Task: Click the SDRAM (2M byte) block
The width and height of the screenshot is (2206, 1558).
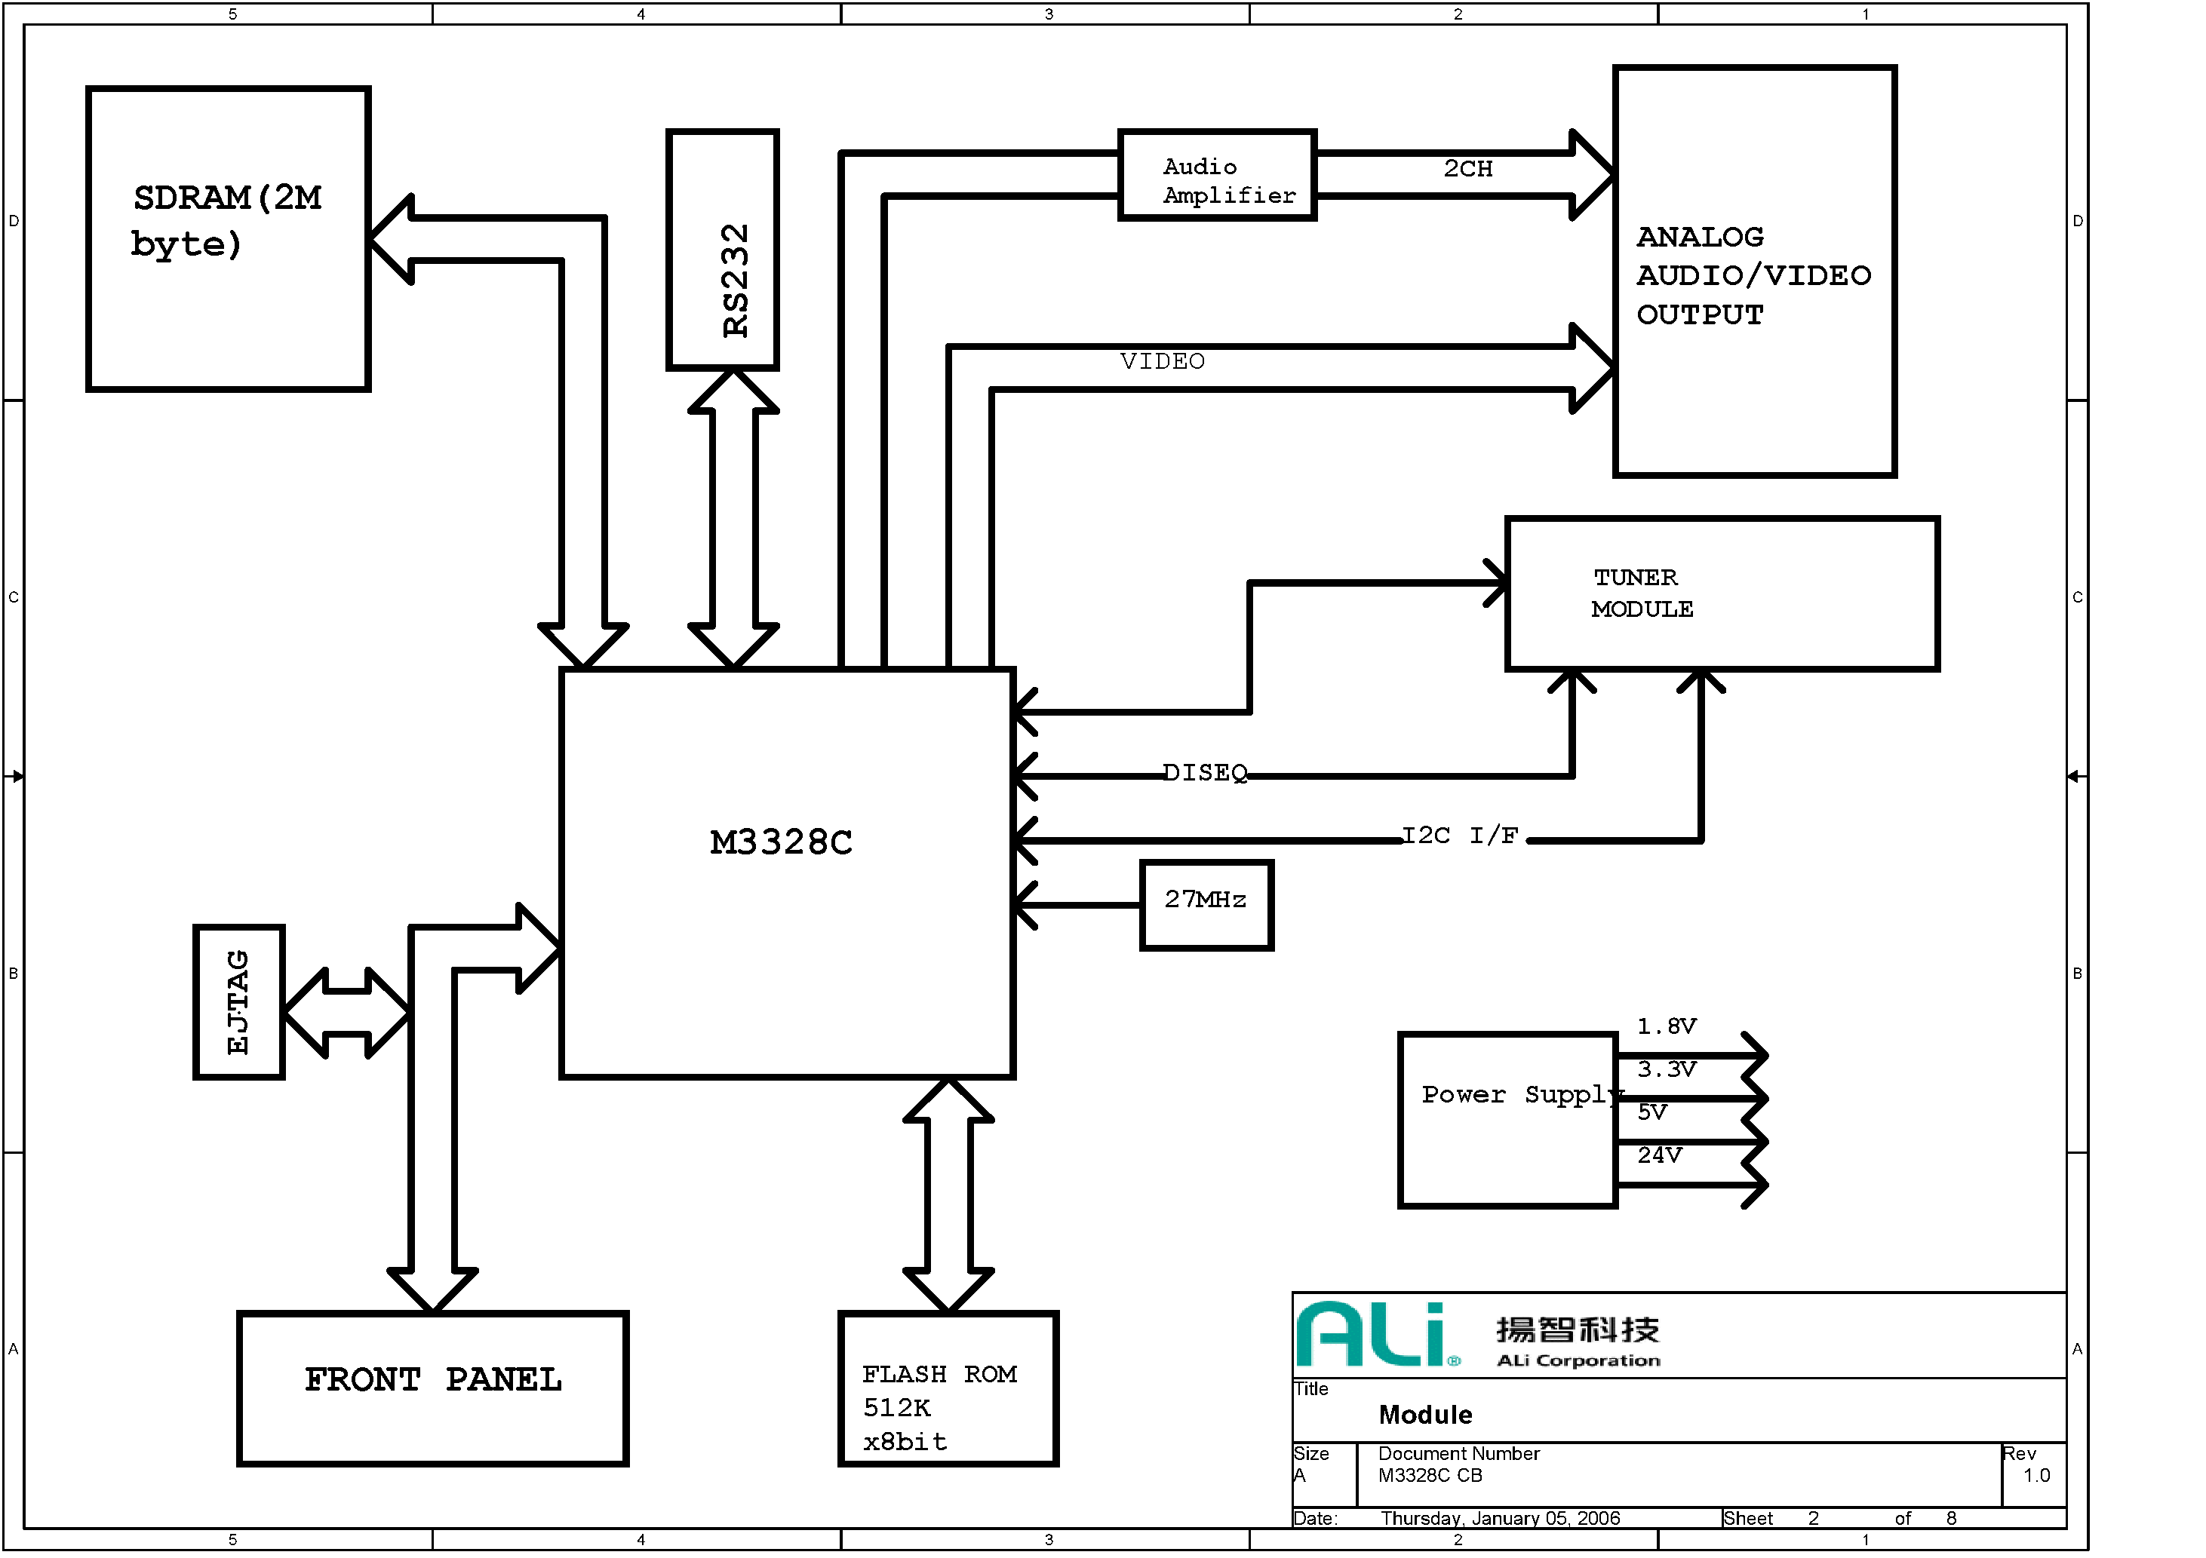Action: [228, 238]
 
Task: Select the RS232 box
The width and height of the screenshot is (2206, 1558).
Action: [723, 250]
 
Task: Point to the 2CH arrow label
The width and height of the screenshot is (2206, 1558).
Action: [1467, 169]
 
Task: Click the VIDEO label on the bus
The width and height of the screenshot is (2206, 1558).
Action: [1162, 362]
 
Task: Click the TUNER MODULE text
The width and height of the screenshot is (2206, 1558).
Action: [1642, 593]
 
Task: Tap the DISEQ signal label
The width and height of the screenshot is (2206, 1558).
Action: [1205, 773]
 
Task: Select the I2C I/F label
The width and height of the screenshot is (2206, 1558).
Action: [1461, 836]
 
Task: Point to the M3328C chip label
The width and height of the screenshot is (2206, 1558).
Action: [781, 843]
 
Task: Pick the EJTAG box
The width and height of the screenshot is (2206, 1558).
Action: [239, 1002]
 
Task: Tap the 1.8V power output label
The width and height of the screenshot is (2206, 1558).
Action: [1667, 1027]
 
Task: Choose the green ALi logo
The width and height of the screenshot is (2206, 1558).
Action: [1374, 1334]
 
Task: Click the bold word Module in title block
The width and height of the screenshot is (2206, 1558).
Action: [1425, 1415]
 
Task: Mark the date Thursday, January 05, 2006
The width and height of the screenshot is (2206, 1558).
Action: [1500, 1519]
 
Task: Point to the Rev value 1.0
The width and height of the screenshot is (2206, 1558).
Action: [2036, 1475]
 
